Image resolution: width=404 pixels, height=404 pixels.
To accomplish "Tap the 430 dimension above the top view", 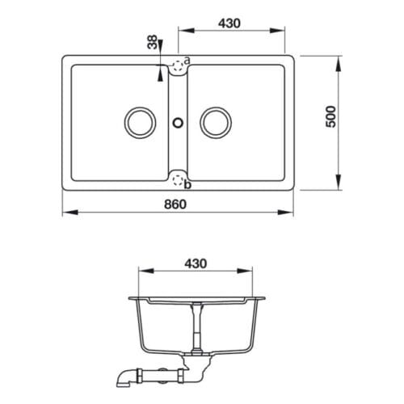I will (230, 23).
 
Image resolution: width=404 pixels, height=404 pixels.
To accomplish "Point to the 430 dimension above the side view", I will (197, 264).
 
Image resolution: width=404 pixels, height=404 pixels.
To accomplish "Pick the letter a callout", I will (187, 61).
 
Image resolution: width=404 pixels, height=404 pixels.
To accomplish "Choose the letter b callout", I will (188, 186).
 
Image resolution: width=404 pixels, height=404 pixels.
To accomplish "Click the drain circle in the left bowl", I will (139, 123).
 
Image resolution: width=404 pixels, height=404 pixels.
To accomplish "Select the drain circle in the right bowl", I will (217, 123).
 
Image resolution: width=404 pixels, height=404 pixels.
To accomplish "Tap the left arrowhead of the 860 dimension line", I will (66, 213).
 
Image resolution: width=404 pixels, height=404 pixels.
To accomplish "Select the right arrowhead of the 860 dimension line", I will (289, 213).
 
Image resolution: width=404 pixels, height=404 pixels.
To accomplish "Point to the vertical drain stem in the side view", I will (196, 327).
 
